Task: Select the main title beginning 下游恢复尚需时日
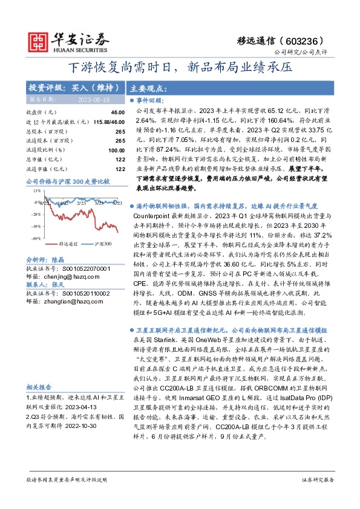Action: coord(180,66)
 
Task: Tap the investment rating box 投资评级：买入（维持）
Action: coord(65,87)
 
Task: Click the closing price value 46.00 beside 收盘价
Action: coord(117,112)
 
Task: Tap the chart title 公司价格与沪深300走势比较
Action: coord(68,181)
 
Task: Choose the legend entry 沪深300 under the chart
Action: coord(103,243)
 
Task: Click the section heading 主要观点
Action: coord(148,87)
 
